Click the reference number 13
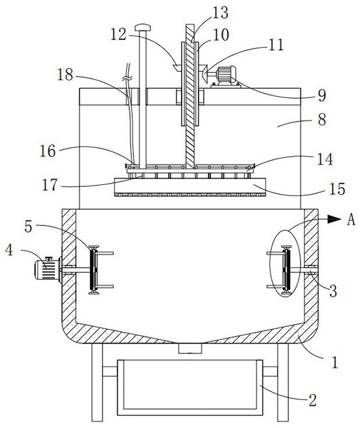coord(220,12)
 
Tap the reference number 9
coord(322,95)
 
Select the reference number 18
coord(65,74)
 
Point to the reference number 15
coord(337,189)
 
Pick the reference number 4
coord(9,250)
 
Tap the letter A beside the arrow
coord(352,219)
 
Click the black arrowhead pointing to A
coord(334,219)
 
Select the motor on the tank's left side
coord(47,269)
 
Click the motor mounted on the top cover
coord(226,76)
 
